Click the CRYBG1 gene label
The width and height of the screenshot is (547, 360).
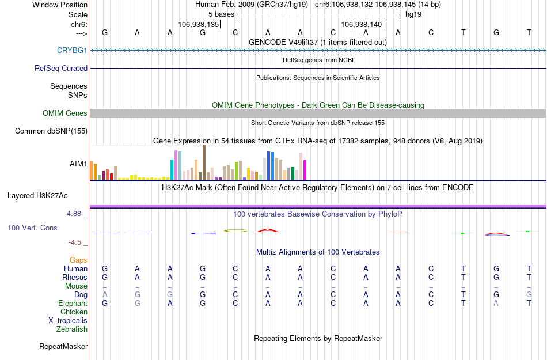pyautogui.click(x=72, y=50)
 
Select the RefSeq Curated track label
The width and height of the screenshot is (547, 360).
pyautogui.click(x=61, y=68)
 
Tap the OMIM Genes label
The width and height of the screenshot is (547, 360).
pyautogui.click(x=65, y=113)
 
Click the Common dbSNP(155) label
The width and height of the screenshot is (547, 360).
pyautogui.click(x=51, y=131)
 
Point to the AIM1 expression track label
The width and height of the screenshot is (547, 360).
pyautogui.click(x=78, y=164)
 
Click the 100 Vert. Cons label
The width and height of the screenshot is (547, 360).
pyautogui.click(x=32, y=228)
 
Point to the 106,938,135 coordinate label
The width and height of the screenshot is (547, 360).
pyautogui.click(x=199, y=25)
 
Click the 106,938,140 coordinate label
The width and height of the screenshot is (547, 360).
pyautogui.click(x=362, y=25)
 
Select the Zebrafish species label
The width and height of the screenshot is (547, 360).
pyautogui.click(x=72, y=329)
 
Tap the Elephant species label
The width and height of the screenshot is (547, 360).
pyautogui.click(x=73, y=304)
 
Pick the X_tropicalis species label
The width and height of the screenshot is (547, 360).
pyautogui.click(x=68, y=321)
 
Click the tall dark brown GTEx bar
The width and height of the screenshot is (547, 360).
pyautogui.click(x=204, y=162)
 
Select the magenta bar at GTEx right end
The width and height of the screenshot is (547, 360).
pyautogui.click(x=305, y=170)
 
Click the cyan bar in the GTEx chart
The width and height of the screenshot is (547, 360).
pyautogui.click(x=172, y=169)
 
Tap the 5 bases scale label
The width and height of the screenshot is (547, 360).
pyautogui.click(x=221, y=14)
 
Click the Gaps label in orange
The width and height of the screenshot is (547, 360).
pyautogui.click(x=78, y=260)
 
